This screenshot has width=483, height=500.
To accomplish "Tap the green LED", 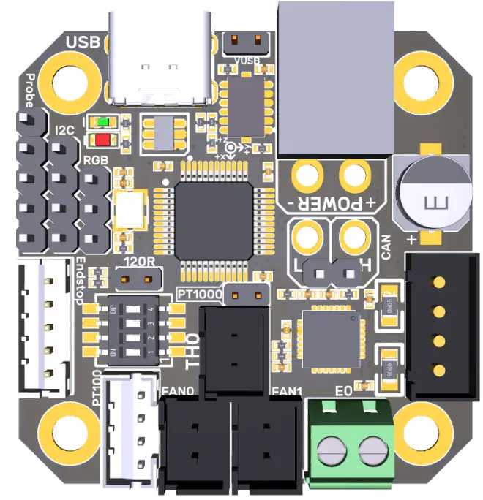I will pos(101,123).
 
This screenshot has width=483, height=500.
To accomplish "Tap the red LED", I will pos(101,139).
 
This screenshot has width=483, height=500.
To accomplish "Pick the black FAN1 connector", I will pos(266,446).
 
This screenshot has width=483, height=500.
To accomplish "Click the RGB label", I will pos(96,159).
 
